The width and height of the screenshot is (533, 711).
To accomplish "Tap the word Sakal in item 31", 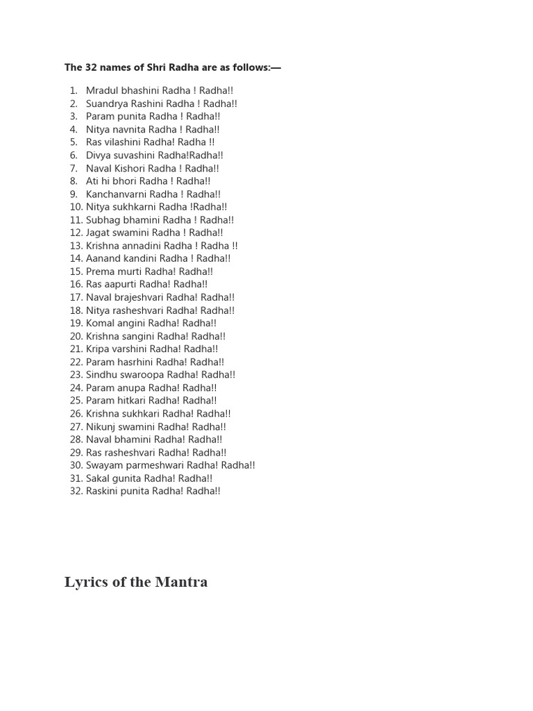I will tap(98, 478).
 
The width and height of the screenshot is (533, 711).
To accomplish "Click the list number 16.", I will tap(76, 284).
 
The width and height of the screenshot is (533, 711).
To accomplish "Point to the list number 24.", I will tap(76, 388).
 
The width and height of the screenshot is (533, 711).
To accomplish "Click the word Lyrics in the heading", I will tap(85, 582).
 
